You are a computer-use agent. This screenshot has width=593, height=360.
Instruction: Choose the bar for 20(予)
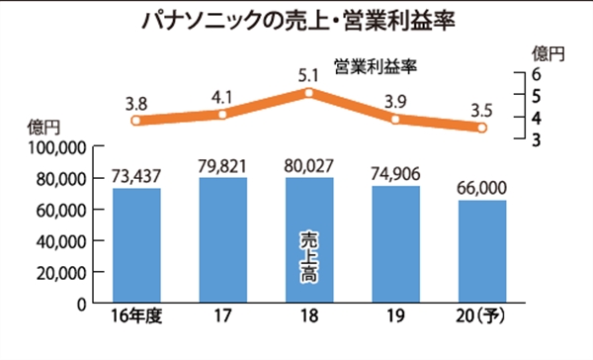482,251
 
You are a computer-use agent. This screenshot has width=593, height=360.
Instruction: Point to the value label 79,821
222,166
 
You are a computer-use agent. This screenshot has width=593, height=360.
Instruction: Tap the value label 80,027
309,166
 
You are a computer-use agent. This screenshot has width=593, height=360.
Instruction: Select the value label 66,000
482,188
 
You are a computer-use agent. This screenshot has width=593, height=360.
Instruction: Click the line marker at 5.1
309,93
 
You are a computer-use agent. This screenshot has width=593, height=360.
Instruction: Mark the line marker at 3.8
136,121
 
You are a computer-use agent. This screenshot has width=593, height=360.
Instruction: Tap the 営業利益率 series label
376,66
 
